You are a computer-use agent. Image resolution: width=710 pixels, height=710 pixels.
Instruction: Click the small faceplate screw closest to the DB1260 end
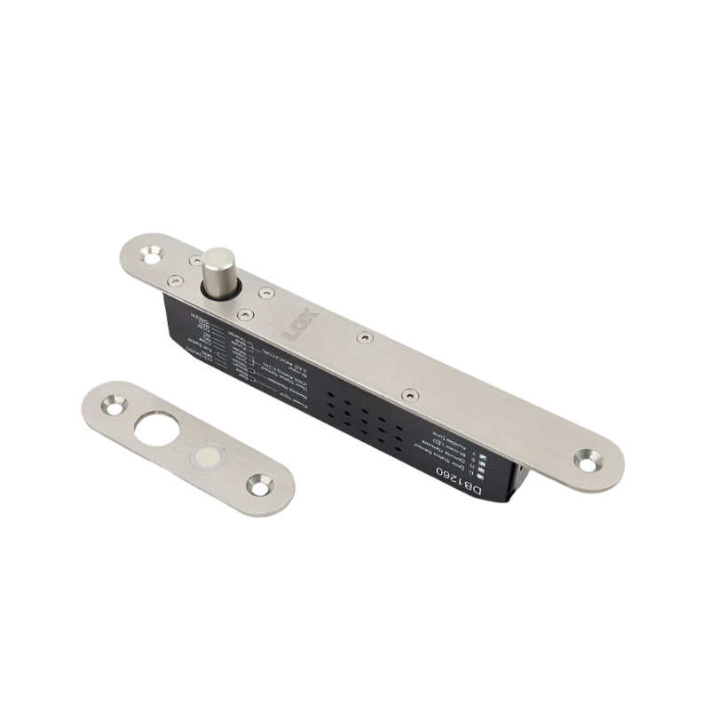[x=408, y=394]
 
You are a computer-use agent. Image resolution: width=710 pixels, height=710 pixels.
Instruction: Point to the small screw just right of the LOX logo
[x=364, y=337]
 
